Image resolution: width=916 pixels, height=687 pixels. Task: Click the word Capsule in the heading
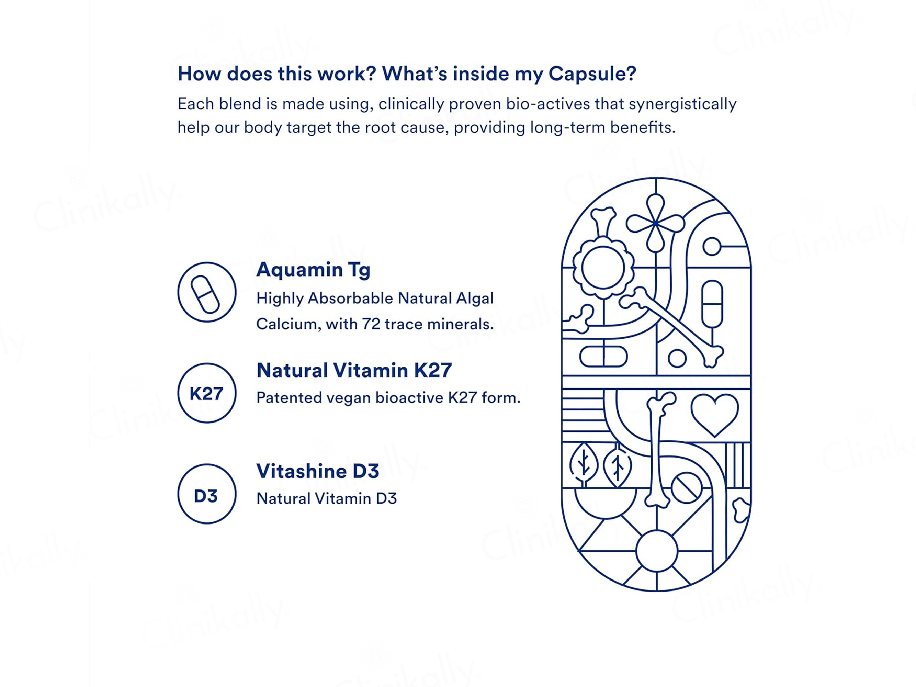click(x=591, y=74)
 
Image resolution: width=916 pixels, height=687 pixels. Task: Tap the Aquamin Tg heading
click(x=313, y=270)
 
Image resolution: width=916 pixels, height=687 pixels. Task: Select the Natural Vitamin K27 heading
click(x=354, y=370)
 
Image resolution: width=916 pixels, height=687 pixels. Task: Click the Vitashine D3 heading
click(x=318, y=471)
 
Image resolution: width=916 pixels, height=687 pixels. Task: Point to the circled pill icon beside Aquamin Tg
click(x=207, y=292)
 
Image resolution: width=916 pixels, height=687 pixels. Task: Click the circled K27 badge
click(x=207, y=393)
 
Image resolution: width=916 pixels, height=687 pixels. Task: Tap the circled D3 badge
click(x=207, y=494)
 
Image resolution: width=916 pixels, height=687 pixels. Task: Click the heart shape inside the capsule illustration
click(x=714, y=413)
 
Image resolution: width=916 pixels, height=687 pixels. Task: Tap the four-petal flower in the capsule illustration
click(x=655, y=223)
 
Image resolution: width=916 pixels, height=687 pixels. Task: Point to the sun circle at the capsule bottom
click(x=656, y=551)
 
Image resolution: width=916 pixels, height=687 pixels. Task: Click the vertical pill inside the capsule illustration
click(x=712, y=304)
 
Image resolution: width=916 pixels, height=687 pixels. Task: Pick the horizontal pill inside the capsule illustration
click(x=603, y=357)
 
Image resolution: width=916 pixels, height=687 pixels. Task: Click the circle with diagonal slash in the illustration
click(x=686, y=488)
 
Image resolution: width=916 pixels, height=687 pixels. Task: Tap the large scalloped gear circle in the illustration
click(x=603, y=268)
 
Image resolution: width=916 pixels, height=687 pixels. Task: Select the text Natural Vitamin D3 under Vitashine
click(x=326, y=498)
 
